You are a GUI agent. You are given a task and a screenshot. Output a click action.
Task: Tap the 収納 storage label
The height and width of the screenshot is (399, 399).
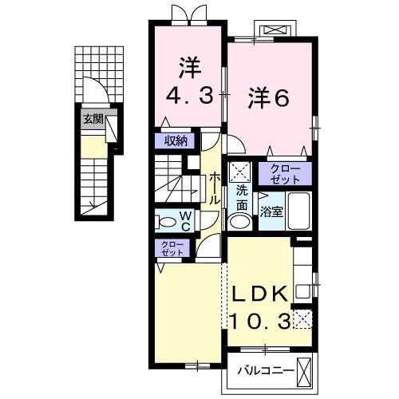pos(176,141)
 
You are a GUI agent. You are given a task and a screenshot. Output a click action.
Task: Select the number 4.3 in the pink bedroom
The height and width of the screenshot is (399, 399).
pos(190,97)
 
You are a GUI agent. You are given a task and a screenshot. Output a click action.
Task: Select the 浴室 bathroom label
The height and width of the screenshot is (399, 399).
pos(271,211)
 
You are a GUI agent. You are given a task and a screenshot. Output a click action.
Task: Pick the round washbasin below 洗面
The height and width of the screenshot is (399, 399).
pos(239,221)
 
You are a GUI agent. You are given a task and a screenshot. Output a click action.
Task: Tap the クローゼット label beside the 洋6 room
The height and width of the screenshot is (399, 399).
pos(285,173)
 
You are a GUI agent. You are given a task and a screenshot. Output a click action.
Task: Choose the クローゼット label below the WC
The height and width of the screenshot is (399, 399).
pos(171,247)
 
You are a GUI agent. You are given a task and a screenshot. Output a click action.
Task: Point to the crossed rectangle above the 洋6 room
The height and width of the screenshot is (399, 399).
pos(275,30)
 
